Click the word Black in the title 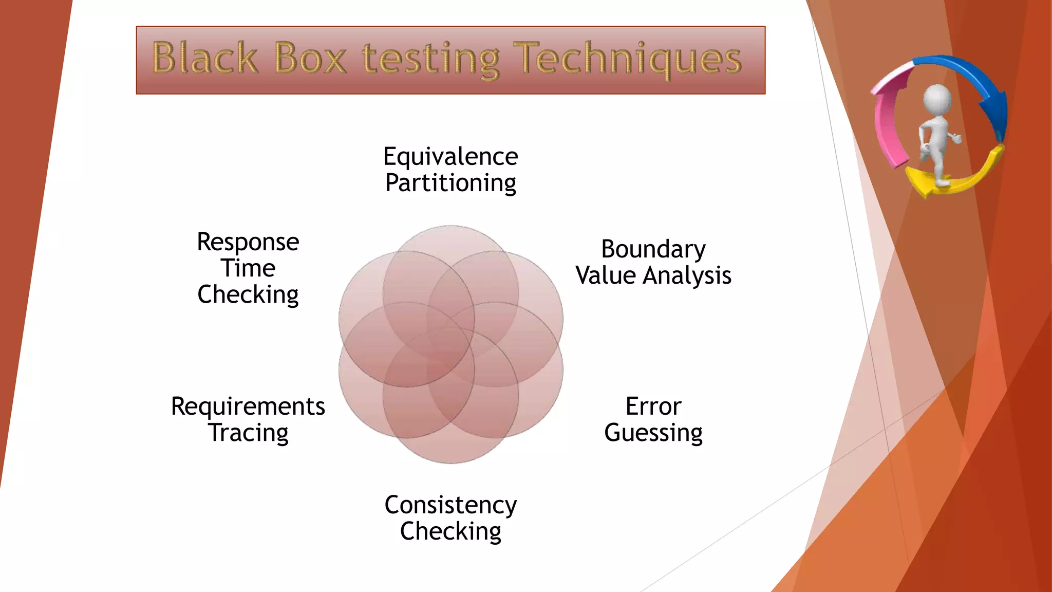[x=205, y=58]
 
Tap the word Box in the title [x=310, y=58]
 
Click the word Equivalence [x=450, y=156]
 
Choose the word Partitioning [x=450, y=183]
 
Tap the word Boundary [x=653, y=249]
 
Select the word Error [x=653, y=406]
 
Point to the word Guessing [x=653, y=433]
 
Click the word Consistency [x=450, y=505]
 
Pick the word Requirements [x=248, y=406]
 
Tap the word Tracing [x=248, y=433]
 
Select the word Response [x=248, y=242]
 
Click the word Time [x=248, y=268]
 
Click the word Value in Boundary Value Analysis [x=606, y=275]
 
